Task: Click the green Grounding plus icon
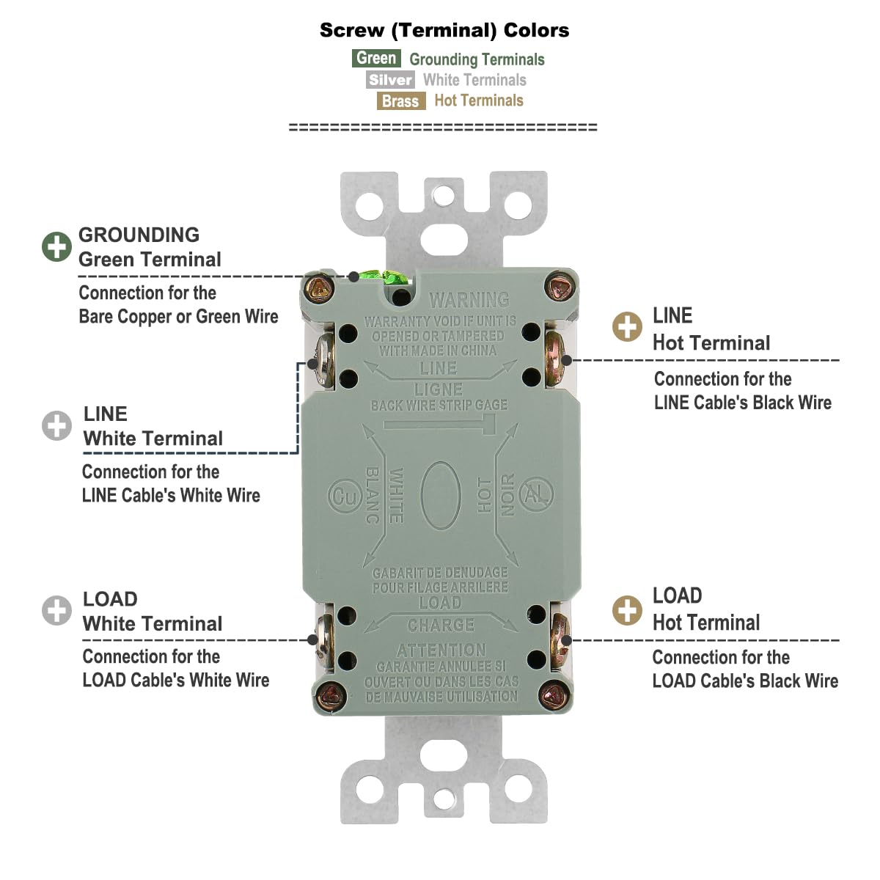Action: pos(56,247)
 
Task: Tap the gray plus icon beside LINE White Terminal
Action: pos(56,426)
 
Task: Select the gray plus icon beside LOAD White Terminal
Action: pos(56,611)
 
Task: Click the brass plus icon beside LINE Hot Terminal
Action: pos(627,327)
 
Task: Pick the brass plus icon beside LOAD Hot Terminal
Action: pos(627,609)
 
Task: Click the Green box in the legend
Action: pos(376,59)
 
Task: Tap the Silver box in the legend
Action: pos(390,80)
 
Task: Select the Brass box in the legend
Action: pos(400,101)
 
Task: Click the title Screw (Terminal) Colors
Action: pos(444,30)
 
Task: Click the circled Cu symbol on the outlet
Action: pos(342,496)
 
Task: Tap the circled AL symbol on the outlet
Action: pos(535,496)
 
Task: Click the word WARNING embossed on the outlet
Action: pos(469,299)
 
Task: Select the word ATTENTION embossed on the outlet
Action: pos(441,650)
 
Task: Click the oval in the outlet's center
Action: pos(440,496)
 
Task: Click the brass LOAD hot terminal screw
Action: pos(560,634)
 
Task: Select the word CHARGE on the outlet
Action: pos(441,626)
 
